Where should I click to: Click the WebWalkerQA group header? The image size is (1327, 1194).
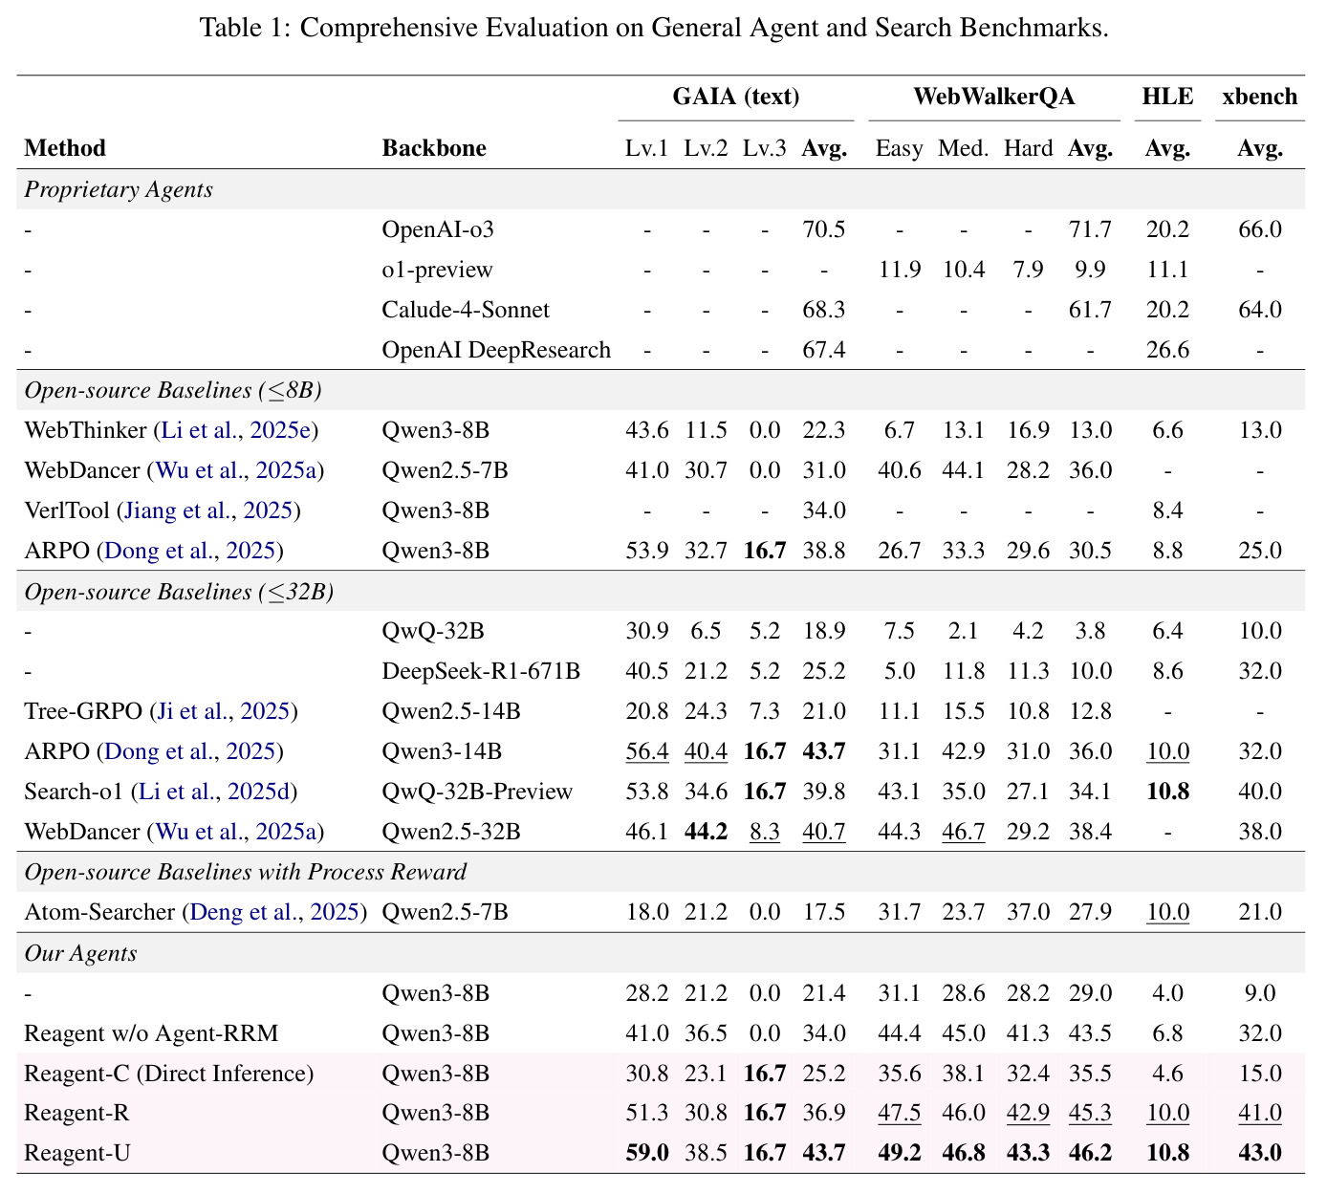pos(993,97)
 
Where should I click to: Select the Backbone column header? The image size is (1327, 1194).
pos(434,147)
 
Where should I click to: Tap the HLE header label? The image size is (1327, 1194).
pos(1167,97)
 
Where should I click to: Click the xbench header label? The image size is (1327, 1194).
pos(1259,97)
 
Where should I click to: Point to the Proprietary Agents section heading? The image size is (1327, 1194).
pos(119,190)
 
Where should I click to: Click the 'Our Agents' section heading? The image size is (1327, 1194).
pos(80,953)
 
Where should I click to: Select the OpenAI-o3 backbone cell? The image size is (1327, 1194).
pos(438,229)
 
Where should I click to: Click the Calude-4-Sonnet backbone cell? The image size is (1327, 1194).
pos(466,310)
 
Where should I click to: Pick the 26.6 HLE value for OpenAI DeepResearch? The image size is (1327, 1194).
pos(1167,350)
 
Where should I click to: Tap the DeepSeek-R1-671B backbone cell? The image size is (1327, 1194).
pos(481,671)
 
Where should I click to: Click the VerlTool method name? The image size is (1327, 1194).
pos(67,510)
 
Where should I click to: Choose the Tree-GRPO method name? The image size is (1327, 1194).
pos(83,711)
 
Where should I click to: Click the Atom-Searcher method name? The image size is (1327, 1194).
pos(99,912)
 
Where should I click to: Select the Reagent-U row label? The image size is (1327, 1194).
pos(76,1153)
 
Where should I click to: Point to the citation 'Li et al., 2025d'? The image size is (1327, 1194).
pos(215,792)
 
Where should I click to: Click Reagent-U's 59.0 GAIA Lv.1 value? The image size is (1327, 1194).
pos(647,1153)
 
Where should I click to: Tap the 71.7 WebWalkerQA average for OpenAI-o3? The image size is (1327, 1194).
pos(1090,229)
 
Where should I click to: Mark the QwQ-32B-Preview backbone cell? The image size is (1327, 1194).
pos(477,792)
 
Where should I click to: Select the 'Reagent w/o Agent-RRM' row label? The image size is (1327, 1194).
pos(151,1033)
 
